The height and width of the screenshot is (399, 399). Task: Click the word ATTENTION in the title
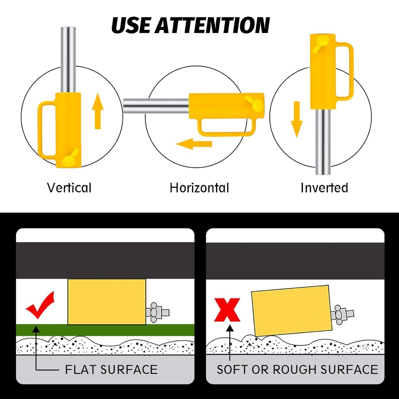point(212,25)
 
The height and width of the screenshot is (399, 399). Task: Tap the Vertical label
point(69,188)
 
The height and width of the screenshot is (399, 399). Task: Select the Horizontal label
point(199,188)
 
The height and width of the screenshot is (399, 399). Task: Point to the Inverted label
point(324,188)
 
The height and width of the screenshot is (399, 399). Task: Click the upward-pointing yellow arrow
point(98,111)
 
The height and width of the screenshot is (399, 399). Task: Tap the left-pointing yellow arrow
point(194,144)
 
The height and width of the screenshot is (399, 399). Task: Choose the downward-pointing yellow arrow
point(297,120)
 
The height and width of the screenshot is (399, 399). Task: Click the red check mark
point(40,305)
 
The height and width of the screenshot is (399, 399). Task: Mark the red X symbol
point(227,310)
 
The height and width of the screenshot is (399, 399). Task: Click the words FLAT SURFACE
point(111,369)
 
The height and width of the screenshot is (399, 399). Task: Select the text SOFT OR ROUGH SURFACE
point(297,369)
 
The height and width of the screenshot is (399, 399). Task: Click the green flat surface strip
point(105,330)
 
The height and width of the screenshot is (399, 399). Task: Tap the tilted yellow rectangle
point(292,311)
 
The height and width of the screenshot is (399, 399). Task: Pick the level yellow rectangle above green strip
point(107,302)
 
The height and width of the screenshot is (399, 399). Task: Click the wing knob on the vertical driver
point(70,158)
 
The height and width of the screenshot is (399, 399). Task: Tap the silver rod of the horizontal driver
point(156,106)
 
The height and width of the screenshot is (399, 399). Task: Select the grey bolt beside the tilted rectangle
point(342,314)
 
